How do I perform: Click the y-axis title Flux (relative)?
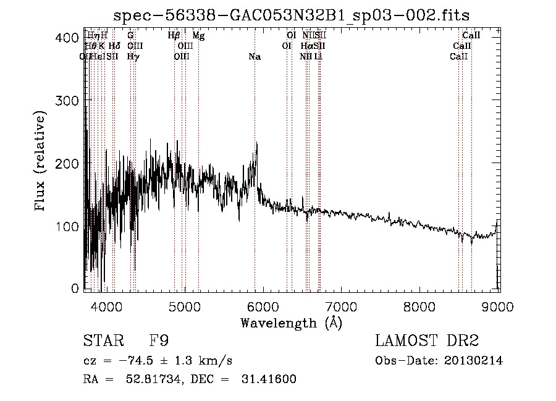click(x=41, y=163)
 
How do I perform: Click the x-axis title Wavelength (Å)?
click(x=291, y=323)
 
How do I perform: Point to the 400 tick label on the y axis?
click(x=66, y=38)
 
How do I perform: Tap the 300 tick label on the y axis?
click(x=66, y=100)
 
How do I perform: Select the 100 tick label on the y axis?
click(x=66, y=227)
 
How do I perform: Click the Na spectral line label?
click(x=255, y=57)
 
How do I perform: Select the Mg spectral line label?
click(x=198, y=36)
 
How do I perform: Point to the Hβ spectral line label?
click(x=174, y=36)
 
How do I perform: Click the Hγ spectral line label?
click(x=133, y=57)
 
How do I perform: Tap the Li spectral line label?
click(x=318, y=57)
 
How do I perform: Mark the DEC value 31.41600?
click(x=270, y=379)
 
